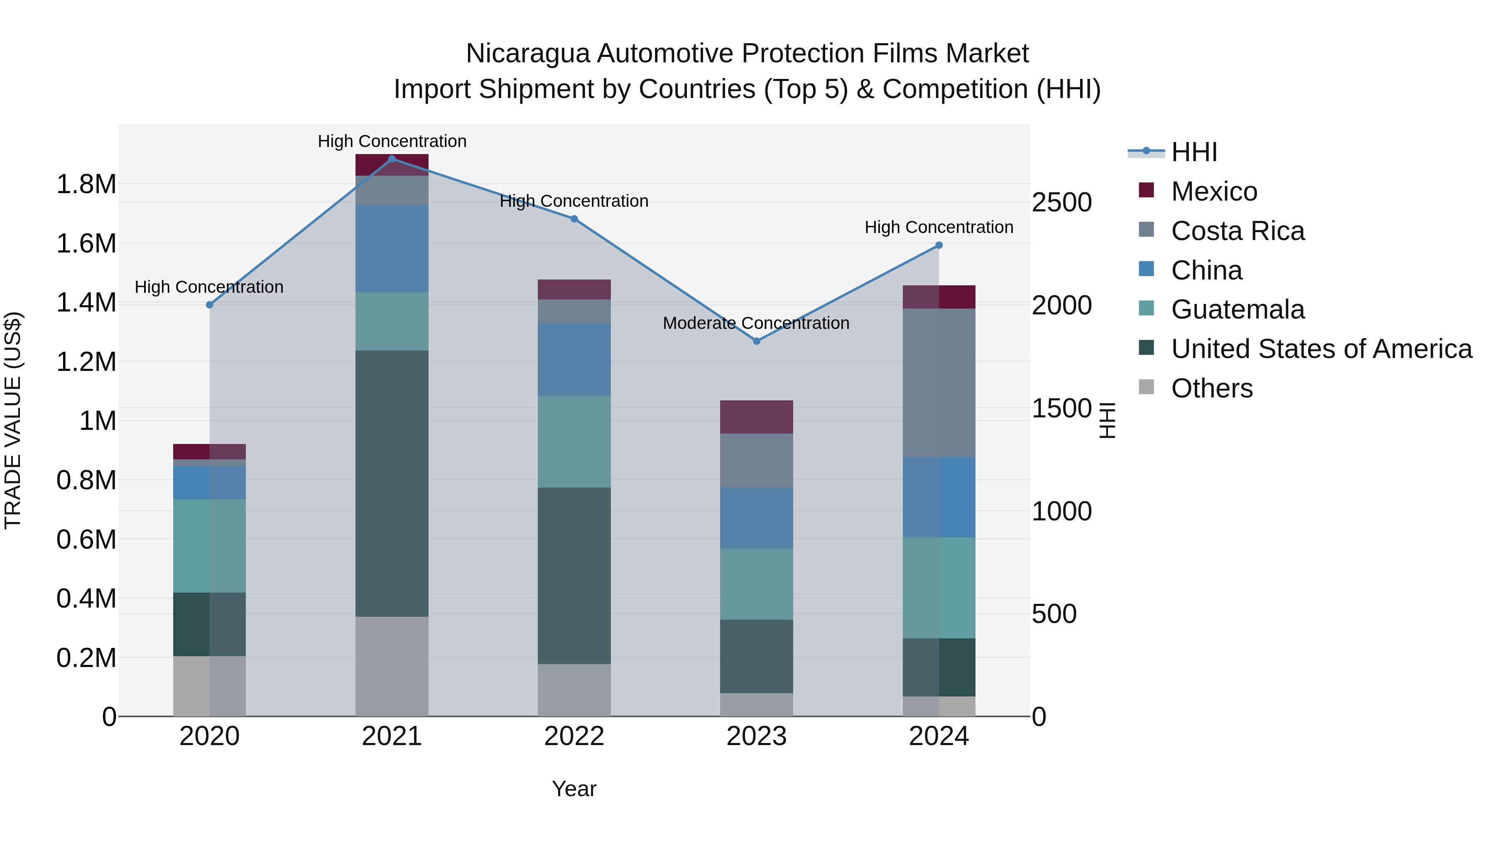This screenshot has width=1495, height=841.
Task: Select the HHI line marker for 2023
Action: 756,341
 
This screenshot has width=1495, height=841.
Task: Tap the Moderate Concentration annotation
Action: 756,323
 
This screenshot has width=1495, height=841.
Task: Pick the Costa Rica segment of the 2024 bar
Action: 939,383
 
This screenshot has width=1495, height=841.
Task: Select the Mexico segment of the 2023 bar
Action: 756,417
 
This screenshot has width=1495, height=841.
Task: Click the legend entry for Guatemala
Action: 1238,309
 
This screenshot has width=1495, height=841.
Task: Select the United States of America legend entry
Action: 1321,349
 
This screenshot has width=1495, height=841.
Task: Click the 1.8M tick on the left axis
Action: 86,184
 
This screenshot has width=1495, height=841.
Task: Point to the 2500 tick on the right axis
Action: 1061,203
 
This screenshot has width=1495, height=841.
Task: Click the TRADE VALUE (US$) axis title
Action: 13,420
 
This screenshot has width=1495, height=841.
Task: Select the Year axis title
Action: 574,789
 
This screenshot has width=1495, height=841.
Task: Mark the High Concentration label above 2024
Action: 939,228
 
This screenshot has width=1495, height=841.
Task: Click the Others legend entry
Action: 1212,388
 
